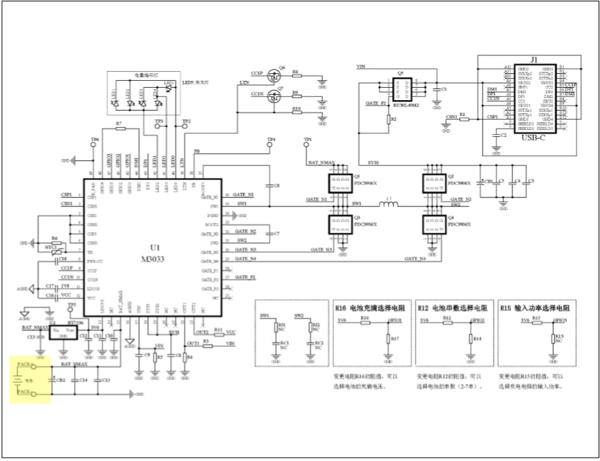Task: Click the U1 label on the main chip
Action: [x=155, y=248]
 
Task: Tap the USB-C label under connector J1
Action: [x=533, y=137]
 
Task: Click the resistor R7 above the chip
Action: [x=119, y=129]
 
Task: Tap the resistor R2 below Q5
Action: [x=388, y=120]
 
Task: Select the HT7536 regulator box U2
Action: [x=62, y=331]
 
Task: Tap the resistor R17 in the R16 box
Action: [x=388, y=338]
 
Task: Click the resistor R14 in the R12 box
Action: [x=470, y=339]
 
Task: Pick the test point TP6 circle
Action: [x=95, y=146]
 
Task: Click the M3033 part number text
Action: [x=155, y=259]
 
